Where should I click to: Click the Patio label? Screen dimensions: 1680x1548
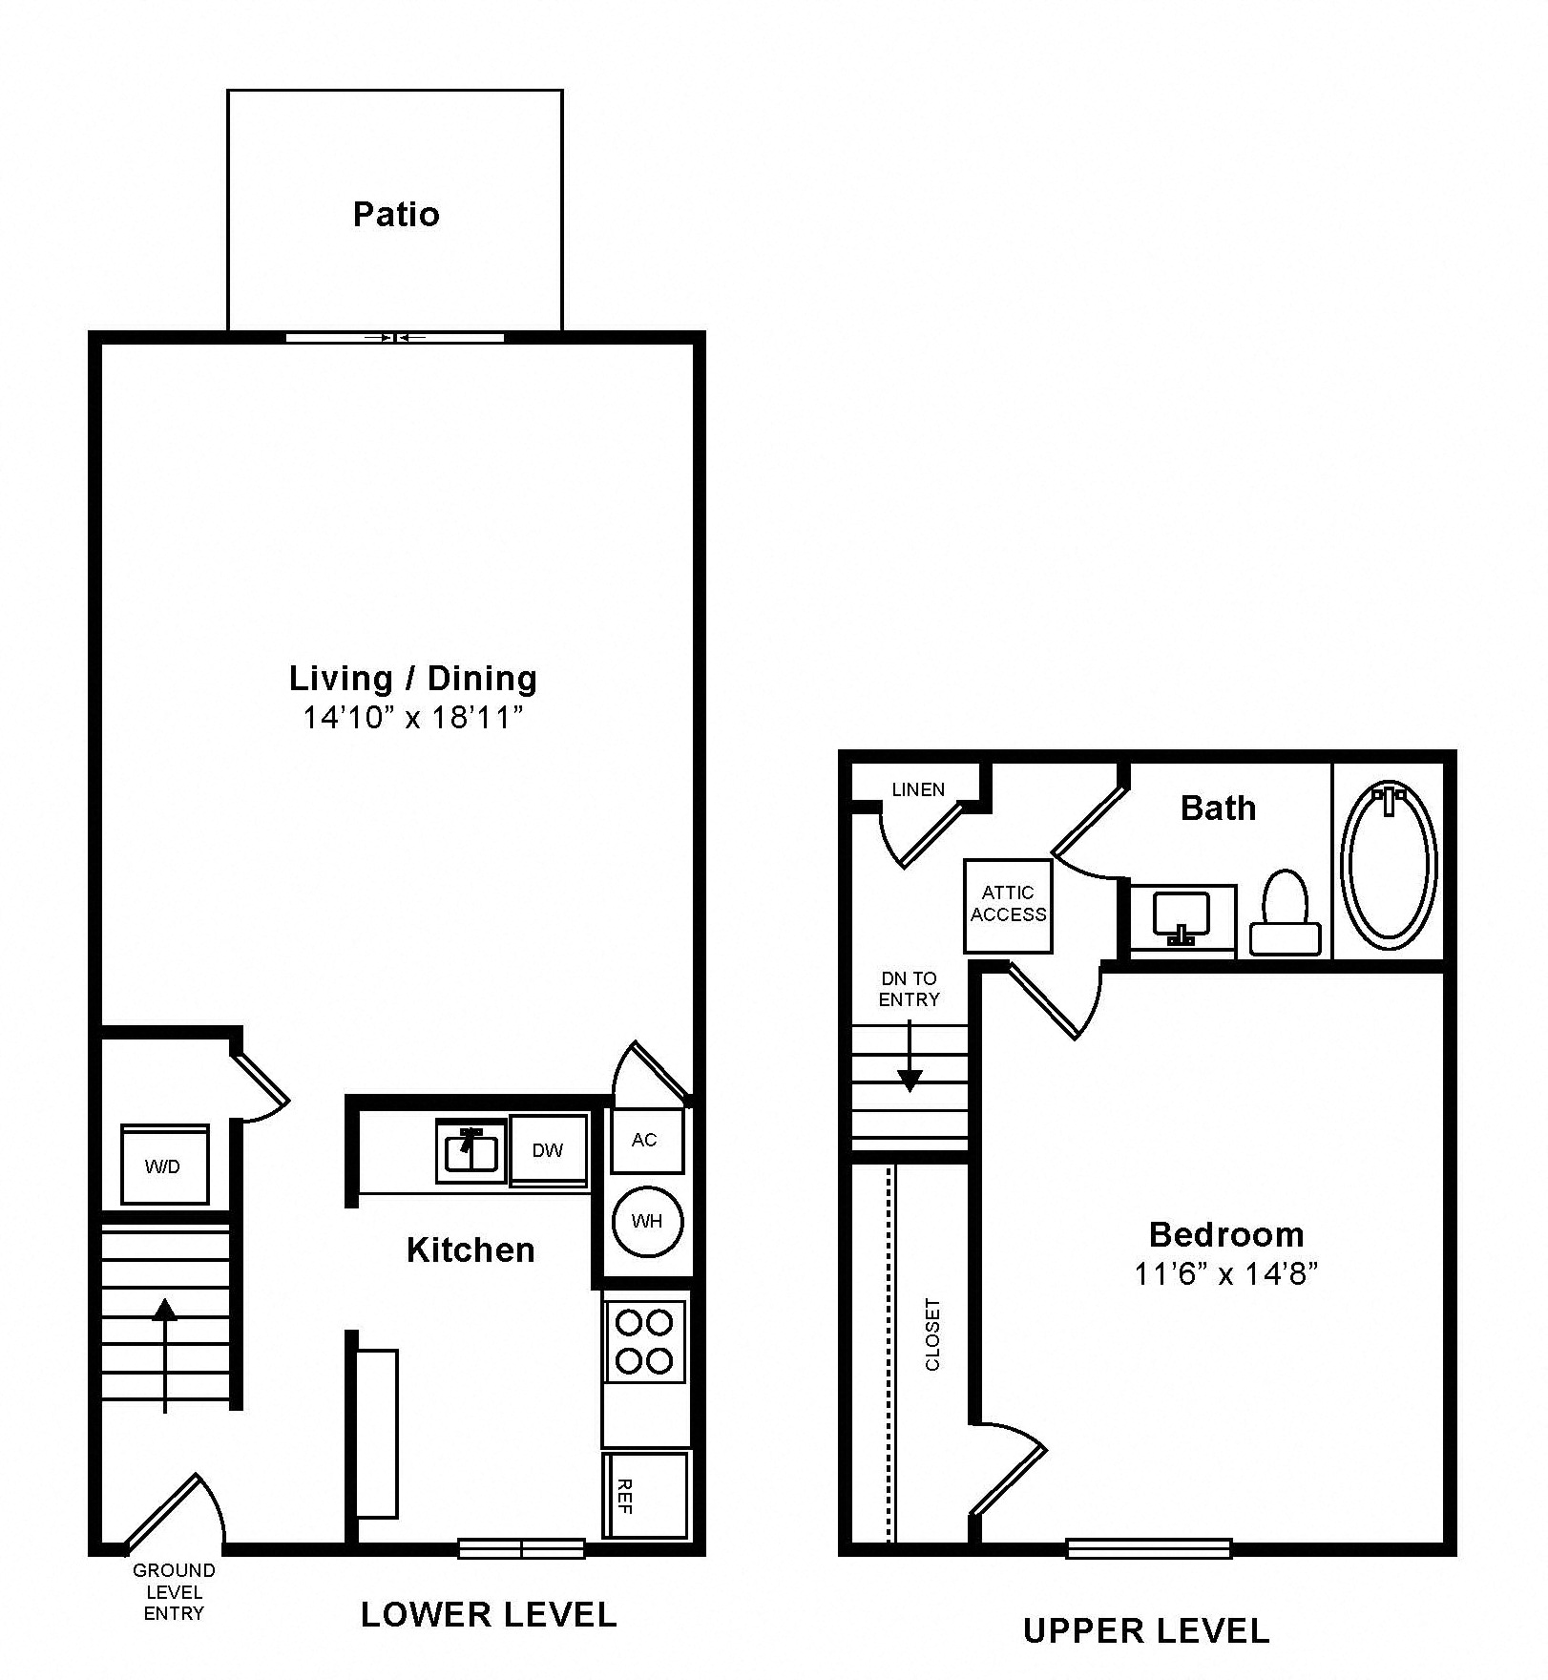(x=396, y=215)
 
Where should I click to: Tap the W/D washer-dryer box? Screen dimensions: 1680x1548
(x=164, y=1165)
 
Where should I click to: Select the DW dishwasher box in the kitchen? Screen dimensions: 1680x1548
(x=548, y=1149)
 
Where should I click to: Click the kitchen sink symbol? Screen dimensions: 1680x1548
(x=471, y=1150)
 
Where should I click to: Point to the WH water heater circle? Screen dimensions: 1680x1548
(x=647, y=1221)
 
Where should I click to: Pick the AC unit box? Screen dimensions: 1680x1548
(x=645, y=1140)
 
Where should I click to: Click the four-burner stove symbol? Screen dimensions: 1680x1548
(x=645, y=1341)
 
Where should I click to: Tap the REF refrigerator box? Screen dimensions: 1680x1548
(x=645, y=1495)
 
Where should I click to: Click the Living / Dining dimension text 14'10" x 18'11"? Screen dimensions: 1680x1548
(x=413, y=717)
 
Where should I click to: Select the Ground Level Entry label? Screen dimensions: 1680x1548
(x=174, y=1591)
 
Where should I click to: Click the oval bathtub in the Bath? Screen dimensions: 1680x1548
(x=1389, y=865)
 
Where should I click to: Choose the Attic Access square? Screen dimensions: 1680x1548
(x=1008, y=904)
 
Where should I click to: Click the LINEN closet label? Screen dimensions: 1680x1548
(x=918, y=789)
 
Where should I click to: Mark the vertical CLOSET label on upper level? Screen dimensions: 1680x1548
(x=932, y=1334)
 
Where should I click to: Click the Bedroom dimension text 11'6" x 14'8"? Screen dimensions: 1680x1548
(x=1225, y=1274)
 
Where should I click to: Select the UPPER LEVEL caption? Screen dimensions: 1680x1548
(x=1146, y=1630)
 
